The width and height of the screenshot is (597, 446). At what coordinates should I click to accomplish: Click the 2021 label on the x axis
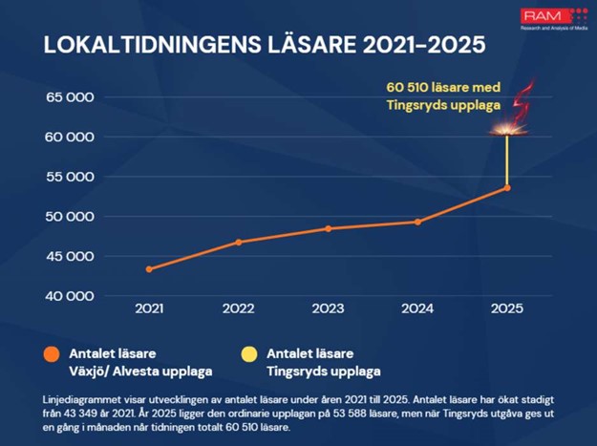pyautogui.click(x=149, y=308)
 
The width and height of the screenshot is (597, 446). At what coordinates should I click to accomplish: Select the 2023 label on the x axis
pyautogui.click(x=328, y=308)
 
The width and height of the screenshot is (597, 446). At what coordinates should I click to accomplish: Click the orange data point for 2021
pyautogui.click(x=149, y=269)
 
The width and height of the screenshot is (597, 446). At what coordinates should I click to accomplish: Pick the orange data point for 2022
pyautogui.click(x=239, y=242)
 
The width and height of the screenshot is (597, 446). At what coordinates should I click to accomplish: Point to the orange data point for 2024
pyautogui.click(x=417, y=222)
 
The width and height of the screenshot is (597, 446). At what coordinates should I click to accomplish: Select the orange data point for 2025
pyautogui.click(x=507, y=188)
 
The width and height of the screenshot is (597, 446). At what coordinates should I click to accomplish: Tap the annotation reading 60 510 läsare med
pyautogui.click(x=442, y=88)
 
